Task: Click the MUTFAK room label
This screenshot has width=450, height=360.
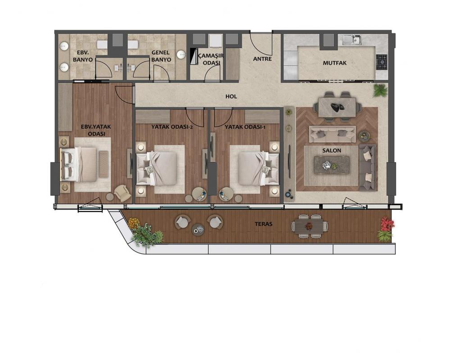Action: (335, 63)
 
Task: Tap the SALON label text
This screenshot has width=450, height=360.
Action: (332, 150)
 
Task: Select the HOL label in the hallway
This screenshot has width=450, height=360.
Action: (231, 96)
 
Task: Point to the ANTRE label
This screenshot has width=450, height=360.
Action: (262, 59)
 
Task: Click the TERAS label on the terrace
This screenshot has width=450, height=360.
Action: (263, 224)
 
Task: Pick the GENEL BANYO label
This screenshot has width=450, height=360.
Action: (161, 56)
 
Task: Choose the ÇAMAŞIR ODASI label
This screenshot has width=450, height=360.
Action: (211, 59)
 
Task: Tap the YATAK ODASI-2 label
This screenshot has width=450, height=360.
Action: (172, 126)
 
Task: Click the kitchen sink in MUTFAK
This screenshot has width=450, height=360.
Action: (352, 39)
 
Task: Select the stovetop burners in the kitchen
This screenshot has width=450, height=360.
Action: (382, 62)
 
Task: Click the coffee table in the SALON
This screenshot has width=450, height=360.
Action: (332, 165)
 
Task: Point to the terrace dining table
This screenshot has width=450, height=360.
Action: (309, 226)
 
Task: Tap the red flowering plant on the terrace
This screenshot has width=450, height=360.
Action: (387, 223)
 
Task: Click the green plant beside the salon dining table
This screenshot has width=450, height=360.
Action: (380, 90)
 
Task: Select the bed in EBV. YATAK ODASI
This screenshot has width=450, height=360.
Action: (80, 164)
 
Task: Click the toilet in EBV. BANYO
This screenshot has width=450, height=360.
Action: (102, 45)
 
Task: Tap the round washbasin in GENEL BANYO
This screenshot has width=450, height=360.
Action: (181, 54)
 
